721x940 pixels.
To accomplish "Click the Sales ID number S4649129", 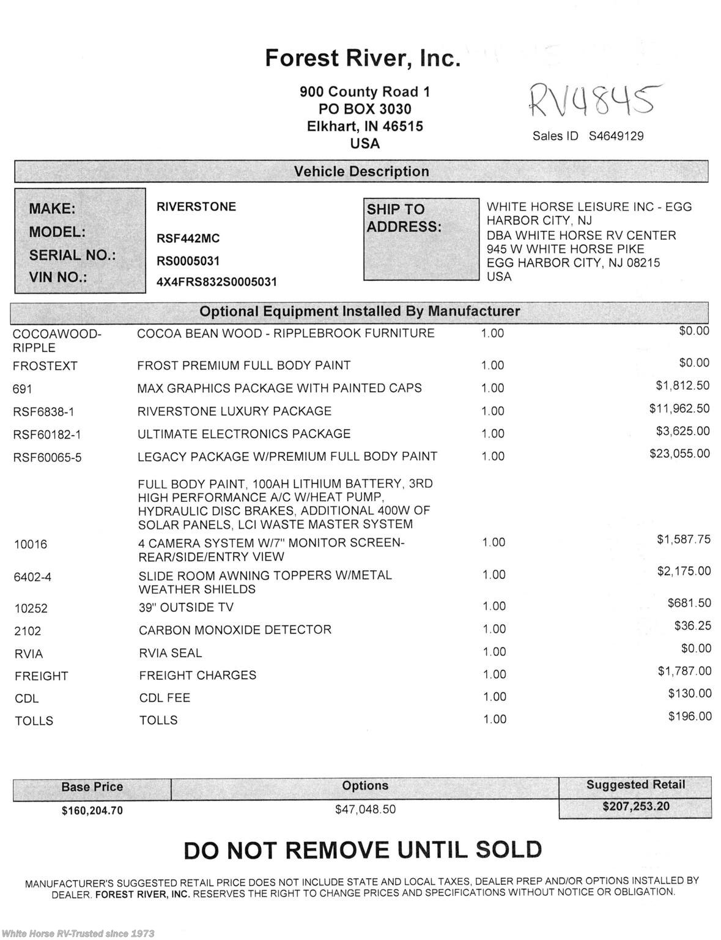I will click(616, 136).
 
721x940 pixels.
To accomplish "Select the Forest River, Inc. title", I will click(362, 58).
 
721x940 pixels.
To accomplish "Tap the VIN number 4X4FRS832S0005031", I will click(216, 282).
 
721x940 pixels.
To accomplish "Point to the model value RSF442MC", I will click(188, 238).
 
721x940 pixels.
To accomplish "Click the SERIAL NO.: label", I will click(72, 255).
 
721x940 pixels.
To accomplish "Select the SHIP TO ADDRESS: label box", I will click(421, 239).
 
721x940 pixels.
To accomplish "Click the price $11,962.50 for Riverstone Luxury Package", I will click(679, 409).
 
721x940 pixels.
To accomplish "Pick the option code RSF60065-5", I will click(47, 457).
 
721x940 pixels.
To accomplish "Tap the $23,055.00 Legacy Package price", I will click(679, 453).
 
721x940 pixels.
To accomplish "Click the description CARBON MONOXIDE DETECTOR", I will click(235, 630).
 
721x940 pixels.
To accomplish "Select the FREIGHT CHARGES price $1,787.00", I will click(684, 671).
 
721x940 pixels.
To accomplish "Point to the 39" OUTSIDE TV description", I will click(186, 607).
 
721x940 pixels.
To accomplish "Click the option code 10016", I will click(31, 544).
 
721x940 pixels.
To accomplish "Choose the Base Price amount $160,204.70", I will click(92, 811).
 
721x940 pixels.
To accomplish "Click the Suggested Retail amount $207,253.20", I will click(636, 807).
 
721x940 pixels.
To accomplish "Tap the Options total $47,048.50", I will click(365, 809).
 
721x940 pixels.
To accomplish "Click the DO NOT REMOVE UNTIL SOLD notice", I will click(363, 850).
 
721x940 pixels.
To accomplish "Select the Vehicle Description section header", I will click(361, 171).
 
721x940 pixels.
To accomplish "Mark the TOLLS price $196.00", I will click(690, 716).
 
